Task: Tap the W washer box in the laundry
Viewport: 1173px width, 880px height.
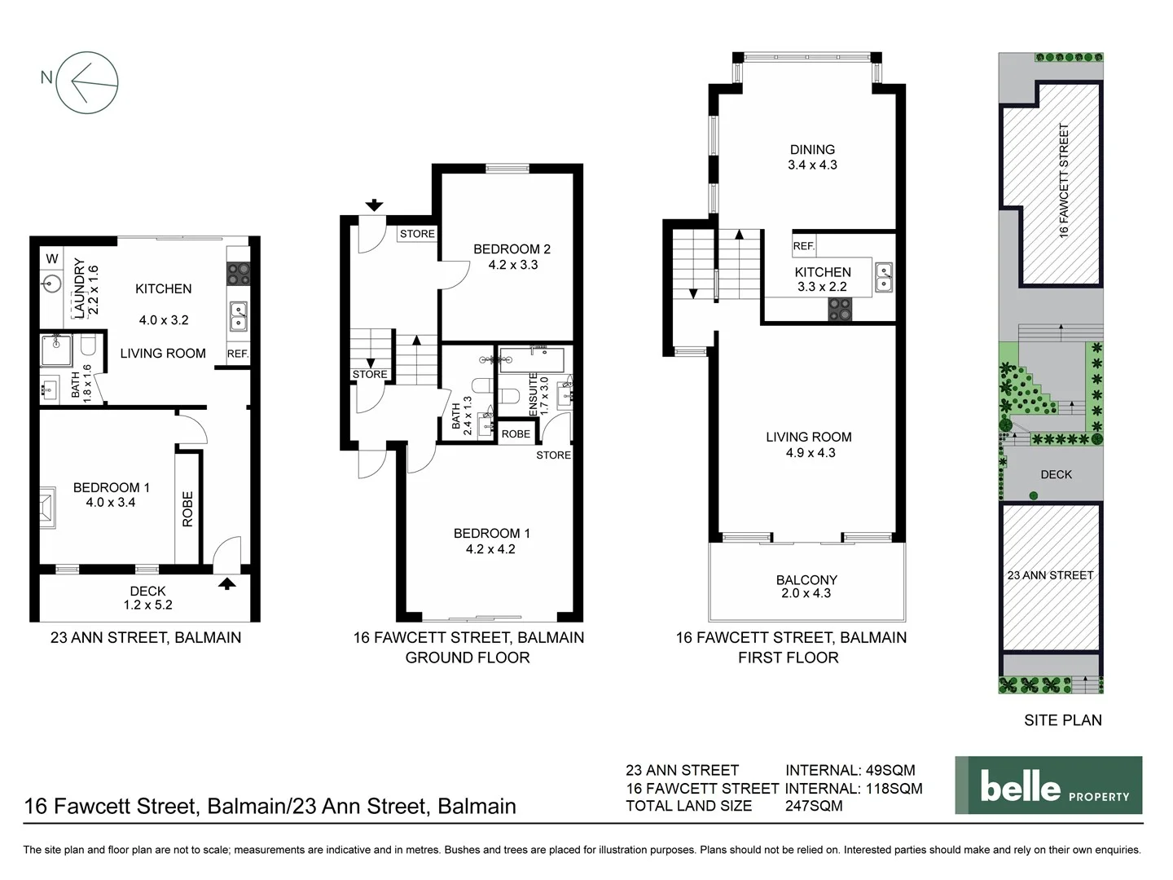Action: click(52, 259)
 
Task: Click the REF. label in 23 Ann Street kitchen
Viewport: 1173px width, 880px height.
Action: click(238, 354)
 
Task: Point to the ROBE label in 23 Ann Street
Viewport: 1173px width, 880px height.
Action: click(187, 508)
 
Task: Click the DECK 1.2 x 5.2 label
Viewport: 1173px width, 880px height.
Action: click(147, 597)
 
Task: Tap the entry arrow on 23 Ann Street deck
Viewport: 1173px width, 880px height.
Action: click(226, 583)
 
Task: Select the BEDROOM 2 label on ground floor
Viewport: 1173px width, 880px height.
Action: click(512, 257)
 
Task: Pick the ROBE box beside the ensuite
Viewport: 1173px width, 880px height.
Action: click(516, 434)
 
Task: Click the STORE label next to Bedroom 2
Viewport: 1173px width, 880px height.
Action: click(417, 234)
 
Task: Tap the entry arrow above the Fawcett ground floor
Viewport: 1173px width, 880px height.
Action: click(374, 205)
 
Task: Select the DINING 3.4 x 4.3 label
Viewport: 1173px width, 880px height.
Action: click(812, 156)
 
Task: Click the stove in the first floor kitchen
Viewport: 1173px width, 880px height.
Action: click(840, 310)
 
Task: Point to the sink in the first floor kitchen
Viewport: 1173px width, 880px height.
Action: click(883, 277)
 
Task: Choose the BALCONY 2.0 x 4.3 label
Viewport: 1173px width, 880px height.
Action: click(806, 586)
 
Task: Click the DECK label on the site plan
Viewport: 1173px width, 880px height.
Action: click(1056, 474)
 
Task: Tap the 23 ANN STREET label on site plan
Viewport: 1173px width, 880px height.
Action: click(1050, 575)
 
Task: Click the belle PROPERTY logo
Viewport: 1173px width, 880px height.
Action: click(1048, 785)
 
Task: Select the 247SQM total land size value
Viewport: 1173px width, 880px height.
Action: click(814, 806)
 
